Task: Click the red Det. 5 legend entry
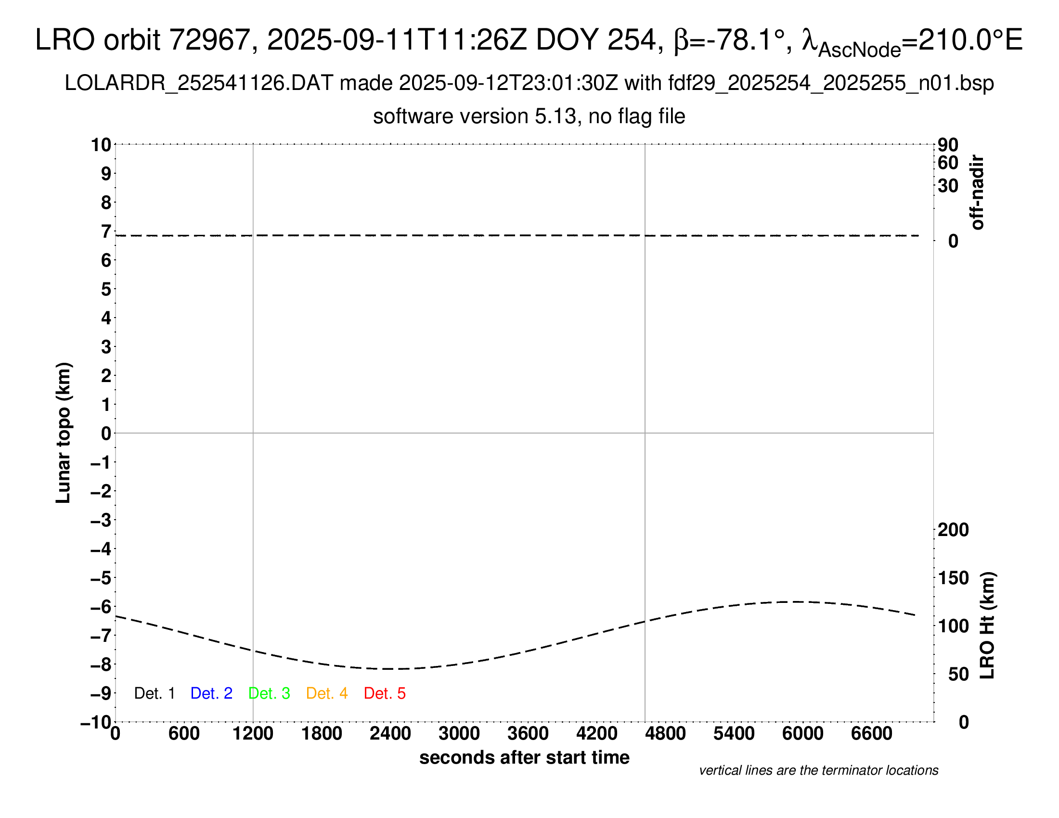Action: point(385,693)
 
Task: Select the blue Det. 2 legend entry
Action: point(211,693)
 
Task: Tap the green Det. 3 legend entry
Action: point(269,693)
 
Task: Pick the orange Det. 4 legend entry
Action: point(327,693)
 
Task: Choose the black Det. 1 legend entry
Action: point(154,693)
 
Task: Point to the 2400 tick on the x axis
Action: point(390,734)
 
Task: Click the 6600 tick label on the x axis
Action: point(871,734)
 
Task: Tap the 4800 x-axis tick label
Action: point(665,734)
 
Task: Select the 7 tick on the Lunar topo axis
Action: point(106,231)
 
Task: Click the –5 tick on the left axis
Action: point(101,578)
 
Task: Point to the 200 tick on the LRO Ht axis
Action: point(953,530)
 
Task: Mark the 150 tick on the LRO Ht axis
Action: point(953,577)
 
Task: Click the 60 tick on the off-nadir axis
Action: point(948,163)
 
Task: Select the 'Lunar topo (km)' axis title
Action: point(64,433)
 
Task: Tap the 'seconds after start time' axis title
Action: point(524,757)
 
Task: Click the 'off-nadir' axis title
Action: point(977,192)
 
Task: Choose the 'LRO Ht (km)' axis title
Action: point(987,626)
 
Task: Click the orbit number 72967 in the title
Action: point(209,40)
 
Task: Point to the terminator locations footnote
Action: point(818,770)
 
